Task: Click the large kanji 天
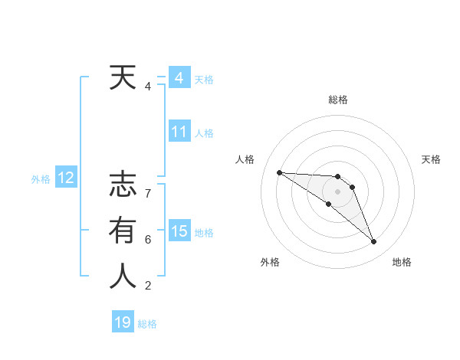pos(122,78)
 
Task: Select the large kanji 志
pos(122,186)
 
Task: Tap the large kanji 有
pos(122,231)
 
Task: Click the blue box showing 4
pos(179,78)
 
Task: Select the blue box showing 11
pos(179,132)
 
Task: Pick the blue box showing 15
pos(179,231)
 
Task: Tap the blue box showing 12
pos(66,178)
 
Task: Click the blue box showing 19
pos(123,322)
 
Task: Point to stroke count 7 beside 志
pos(148,194)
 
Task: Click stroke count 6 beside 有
pos(148,240)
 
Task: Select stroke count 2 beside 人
pos(148,286)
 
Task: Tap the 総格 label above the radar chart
pos(338,100)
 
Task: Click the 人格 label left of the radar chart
pos(245,159)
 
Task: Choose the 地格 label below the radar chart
pos(402,263)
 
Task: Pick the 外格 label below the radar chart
pos(270,263)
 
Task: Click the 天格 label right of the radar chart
pos(431,159)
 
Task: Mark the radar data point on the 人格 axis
pos(279,172)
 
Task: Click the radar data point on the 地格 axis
pos(373,242)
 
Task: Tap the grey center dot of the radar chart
pos(338,191)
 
